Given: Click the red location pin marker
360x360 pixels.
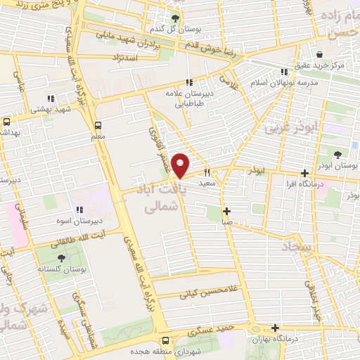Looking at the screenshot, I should point(181,165).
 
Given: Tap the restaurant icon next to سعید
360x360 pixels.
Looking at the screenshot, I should point(207,172).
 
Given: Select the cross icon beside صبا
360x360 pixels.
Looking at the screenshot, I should point(226,211).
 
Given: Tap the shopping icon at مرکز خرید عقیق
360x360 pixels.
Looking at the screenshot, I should point(320,54).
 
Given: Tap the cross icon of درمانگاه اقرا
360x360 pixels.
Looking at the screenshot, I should point(304,173).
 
